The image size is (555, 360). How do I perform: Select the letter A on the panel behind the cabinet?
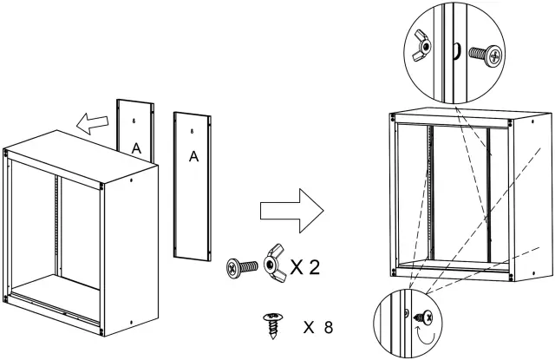tap(135, 148)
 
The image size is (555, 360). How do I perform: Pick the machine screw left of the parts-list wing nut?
tap(239, 265)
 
